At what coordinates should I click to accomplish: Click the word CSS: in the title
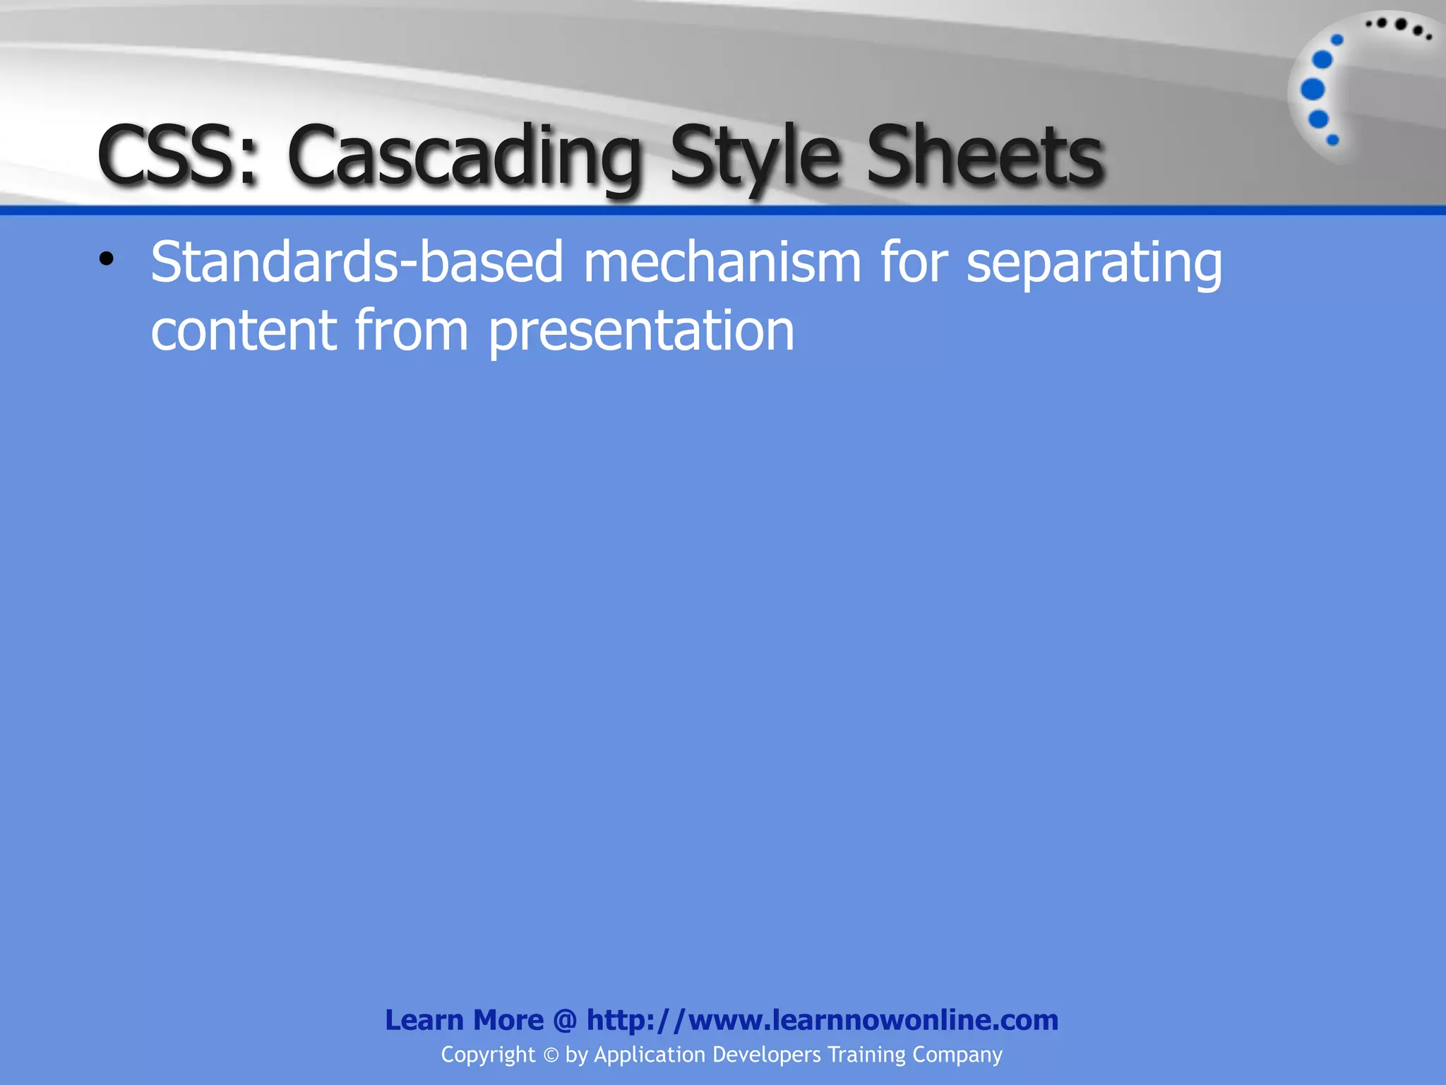177,155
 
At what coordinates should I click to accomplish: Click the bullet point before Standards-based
106,259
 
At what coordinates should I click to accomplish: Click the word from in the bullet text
411,330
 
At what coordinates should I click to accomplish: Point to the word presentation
641,331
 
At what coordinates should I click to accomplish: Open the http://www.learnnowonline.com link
823,1020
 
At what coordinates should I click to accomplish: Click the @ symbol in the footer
565,1020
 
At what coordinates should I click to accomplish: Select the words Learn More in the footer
464,1020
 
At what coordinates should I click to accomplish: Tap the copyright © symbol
551,1055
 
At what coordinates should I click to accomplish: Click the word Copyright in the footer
488,1055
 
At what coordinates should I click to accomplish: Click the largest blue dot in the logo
1313,89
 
